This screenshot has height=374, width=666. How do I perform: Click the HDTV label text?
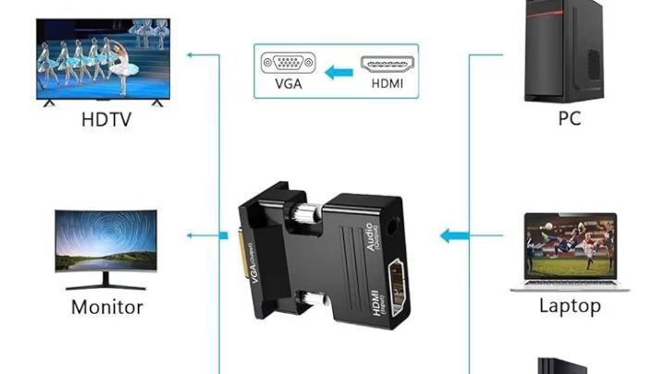106,119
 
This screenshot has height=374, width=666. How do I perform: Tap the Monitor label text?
107,307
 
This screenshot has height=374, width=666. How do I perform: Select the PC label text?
569,118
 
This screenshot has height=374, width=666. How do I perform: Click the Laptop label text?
570,307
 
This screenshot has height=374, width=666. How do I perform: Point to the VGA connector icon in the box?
288,63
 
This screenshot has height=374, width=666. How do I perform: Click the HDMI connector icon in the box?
387,64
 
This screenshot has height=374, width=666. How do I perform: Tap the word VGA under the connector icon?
289,83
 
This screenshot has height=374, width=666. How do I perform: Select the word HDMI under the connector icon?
387,83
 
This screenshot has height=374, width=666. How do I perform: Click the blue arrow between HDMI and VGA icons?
339,73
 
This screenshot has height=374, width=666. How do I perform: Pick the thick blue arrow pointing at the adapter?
454,235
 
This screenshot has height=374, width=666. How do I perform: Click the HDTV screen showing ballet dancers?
104,58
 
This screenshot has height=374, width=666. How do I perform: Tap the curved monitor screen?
105,240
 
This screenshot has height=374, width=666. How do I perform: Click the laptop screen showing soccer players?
571,247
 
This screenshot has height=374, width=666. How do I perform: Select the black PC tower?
564,51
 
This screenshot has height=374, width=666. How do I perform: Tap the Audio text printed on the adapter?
370,236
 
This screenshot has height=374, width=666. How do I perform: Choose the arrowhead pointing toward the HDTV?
191,54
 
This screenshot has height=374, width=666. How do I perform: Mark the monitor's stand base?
105,287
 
